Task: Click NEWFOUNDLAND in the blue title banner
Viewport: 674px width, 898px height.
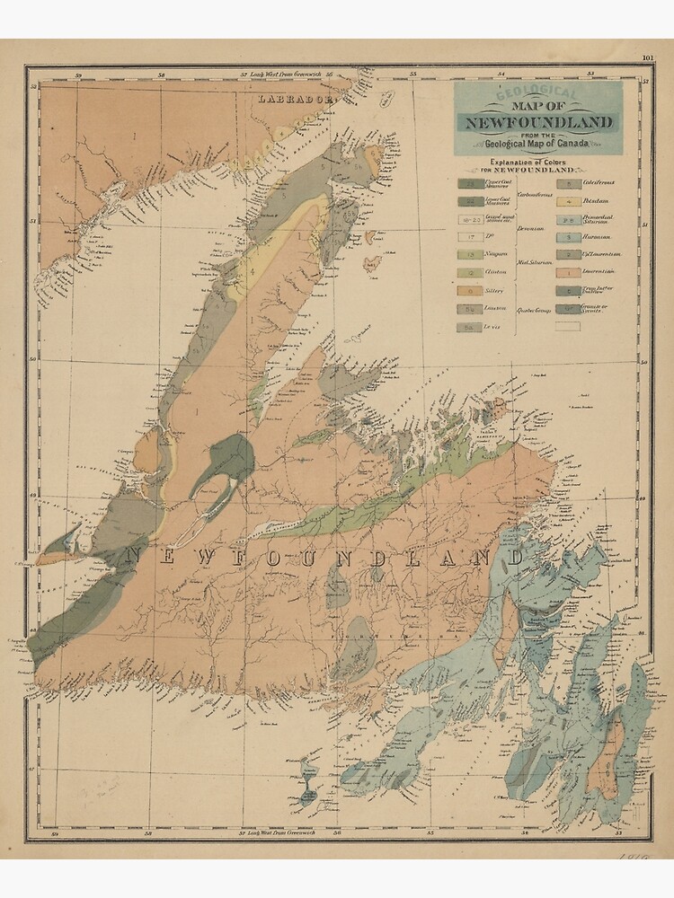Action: (539, 122)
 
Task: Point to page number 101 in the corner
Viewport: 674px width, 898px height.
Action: (648, 59)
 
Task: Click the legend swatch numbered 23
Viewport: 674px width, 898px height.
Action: (471, 184)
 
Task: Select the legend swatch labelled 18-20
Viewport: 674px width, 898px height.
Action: (471, 219)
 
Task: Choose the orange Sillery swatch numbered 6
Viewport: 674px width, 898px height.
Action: (471, 290)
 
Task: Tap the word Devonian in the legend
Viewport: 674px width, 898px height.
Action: (530, 229)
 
